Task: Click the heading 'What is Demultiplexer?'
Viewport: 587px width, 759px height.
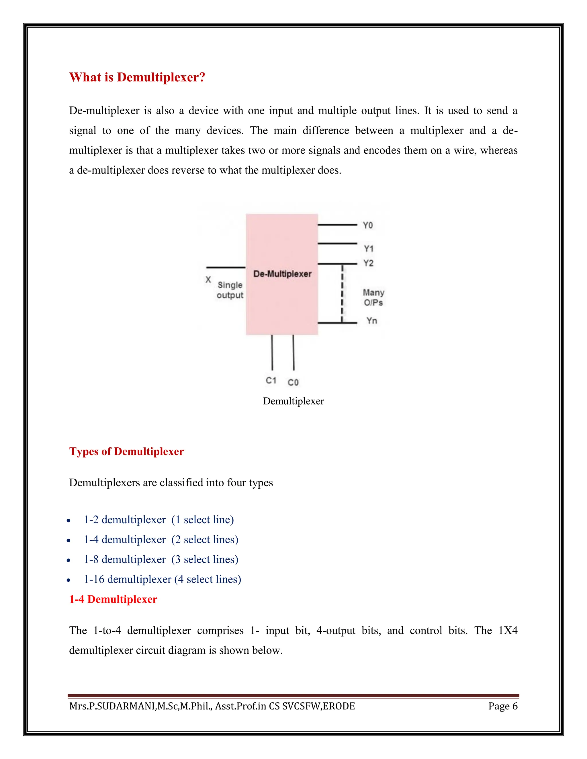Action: [137, 77]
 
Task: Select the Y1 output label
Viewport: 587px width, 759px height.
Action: [368, 249]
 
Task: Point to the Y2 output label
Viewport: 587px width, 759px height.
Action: [368, 264]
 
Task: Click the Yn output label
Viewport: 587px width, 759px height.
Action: [371, 321]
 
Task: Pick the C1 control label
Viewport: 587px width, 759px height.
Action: [271, 381]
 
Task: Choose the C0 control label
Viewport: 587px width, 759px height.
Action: [293, 383]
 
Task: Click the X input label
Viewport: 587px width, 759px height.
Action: [208, 280]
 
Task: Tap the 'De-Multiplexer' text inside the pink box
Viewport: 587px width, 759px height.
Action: [282, 274]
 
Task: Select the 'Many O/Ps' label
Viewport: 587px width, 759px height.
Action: [373, 298]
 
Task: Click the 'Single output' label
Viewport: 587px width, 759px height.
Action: [230, 290]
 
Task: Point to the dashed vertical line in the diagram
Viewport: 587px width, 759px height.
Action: [342, 294]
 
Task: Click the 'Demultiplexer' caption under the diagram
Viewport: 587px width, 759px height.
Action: [293, 401]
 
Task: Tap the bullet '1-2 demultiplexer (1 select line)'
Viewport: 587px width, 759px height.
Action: [159, 520]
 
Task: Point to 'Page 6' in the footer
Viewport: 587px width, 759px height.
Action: [502, 706]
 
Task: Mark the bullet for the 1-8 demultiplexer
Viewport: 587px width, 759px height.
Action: [161, 560]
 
